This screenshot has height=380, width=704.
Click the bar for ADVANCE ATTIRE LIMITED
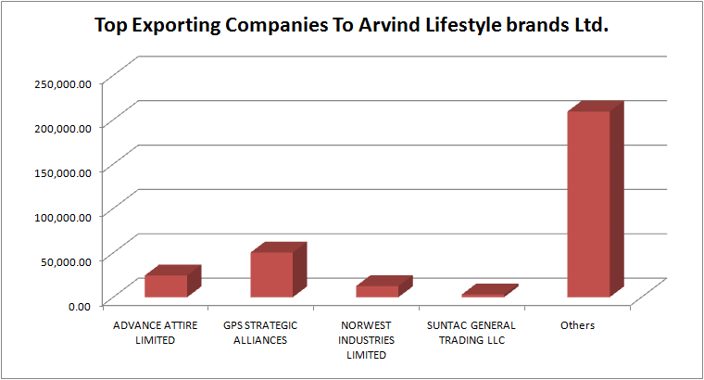click(x=166, y=285)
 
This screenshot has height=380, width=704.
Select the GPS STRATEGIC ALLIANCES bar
click(x=271, y=274)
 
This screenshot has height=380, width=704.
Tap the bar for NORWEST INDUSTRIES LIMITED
click(x=377, y=291)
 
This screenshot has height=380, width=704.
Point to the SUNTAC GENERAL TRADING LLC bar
click(x=483, y=295)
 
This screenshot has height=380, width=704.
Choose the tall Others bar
click(x=589, y=204)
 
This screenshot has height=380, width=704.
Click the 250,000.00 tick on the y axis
click(x=63, y=83)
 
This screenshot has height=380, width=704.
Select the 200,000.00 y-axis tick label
click(x=63, y=128)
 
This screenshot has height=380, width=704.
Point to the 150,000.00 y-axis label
click(x=63, y=171)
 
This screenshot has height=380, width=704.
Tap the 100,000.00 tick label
click(x=63, y=216)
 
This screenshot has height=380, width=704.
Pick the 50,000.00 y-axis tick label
click(x=66, y=260)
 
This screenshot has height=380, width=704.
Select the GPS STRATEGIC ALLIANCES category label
click(x=260, y=333)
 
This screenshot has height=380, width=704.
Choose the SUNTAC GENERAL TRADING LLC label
click(x=471, y=333)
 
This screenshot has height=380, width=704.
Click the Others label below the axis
click(x=577, y=326)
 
